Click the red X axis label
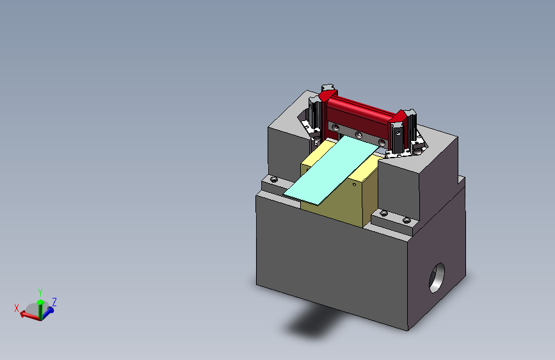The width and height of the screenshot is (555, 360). coord(16,308)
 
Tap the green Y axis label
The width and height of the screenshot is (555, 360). coord(40,293)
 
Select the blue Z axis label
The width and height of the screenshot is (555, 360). coord(54,302)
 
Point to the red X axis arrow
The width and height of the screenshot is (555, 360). coord(29,315)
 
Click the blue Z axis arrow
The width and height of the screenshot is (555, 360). coord(47,313)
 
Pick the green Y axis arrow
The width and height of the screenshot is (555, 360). coord(40,309)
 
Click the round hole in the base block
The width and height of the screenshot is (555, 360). coord(437,278)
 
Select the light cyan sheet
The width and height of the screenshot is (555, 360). coord(331,171)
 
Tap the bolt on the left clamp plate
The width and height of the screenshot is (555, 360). coord(273,179)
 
